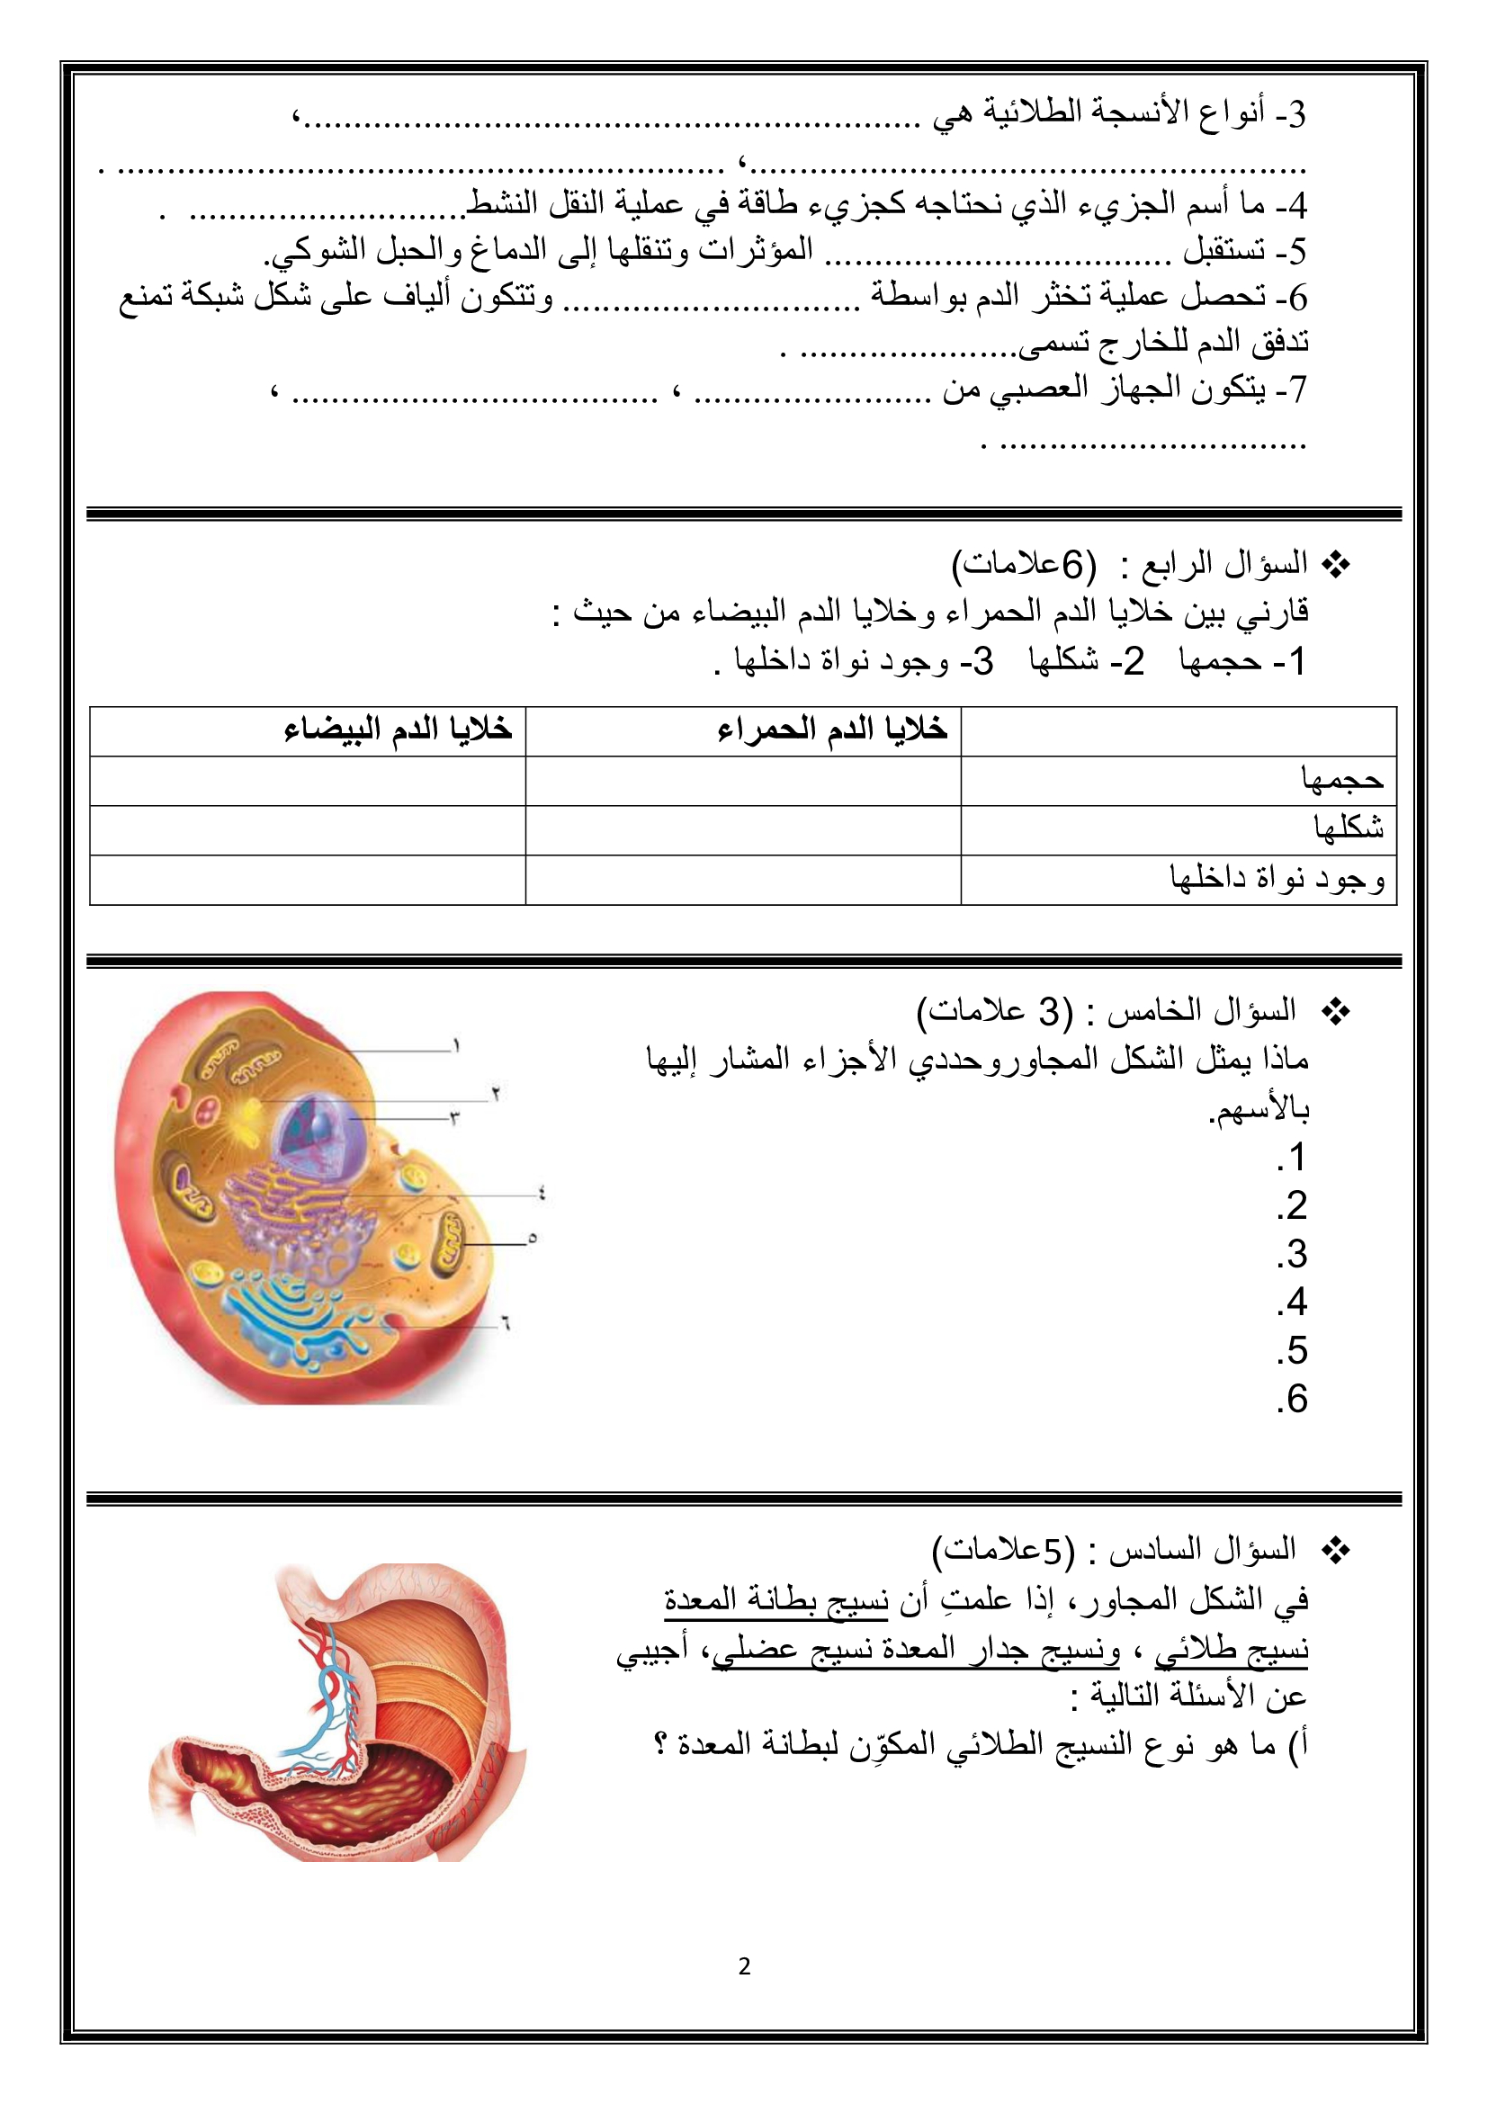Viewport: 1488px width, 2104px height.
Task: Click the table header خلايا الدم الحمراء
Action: [x=831, y=730]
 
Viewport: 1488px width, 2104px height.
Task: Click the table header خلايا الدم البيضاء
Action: [x=398, y=730]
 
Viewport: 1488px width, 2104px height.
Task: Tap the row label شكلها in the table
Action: [x=1348, y=829]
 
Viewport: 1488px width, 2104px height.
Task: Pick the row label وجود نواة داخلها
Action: [x=1277, y=879]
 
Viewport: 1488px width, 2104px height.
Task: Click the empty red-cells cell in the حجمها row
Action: [x=742, y=781]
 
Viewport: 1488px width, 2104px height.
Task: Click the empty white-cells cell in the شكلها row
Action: [x=307, y=830]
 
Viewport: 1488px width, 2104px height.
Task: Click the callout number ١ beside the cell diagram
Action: [x=455, y=1046]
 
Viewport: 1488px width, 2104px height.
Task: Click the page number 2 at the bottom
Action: [x=744, y=1966]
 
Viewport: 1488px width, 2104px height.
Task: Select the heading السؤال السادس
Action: [x=1201, y=1551]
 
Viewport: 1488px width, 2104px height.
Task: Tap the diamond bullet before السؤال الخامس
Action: [x=1336, y=1013]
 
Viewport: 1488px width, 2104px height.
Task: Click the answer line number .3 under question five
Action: [x=1292, y=1255]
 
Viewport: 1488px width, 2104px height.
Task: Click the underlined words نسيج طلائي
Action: [x=1231, y=1650]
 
